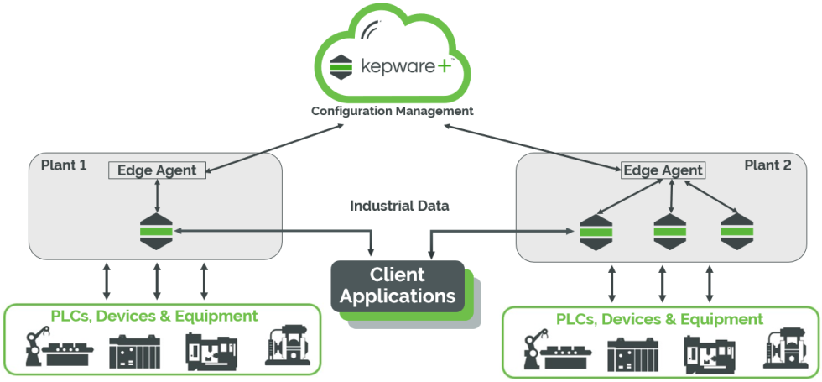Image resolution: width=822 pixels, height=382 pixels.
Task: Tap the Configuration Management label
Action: click(x=393, y=111)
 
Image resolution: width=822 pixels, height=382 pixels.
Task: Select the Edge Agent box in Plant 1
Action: click(x=157, y=170)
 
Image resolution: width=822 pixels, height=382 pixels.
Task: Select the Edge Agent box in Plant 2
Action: click(x=663, y=170)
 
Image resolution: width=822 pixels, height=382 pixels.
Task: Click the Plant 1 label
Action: click(x=64, y=165)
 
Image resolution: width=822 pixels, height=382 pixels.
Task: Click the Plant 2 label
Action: click(x=767, y=165)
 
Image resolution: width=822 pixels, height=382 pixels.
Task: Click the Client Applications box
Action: click(x=398, y=286)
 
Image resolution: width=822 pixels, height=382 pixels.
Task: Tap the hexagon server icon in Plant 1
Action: click(x=157, y=231)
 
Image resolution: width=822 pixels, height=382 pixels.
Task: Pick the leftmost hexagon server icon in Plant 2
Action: click(x=596, y=232)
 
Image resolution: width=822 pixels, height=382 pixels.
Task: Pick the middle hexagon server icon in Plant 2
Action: click(x=670, y=232)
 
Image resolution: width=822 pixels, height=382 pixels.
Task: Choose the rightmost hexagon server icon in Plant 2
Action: click(x=737, y=232)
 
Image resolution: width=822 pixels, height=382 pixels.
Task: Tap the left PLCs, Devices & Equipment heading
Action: click(x=153, y=317)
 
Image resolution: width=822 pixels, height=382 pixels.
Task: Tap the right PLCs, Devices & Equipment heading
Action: click(x=659, y=319)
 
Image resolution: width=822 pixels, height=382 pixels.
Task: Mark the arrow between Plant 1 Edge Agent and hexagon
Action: click(x=157, y=196)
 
